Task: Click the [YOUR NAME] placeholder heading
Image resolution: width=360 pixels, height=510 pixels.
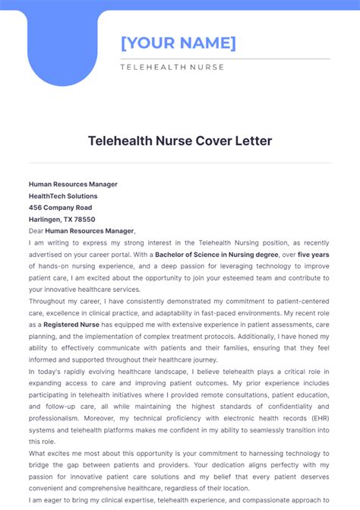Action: pyautogui.click(x=178, y=43)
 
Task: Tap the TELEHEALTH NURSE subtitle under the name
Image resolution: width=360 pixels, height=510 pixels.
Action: pyautogui.click(x=172, y=67)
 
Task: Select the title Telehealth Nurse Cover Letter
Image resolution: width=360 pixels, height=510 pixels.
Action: pyautogui.click(x=180, y=141)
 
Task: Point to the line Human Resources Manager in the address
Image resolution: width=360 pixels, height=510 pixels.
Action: pyautogui.click(x=73, y=184)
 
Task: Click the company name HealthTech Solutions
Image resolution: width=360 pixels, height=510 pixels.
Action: pyautogui.click(x=63, y=196)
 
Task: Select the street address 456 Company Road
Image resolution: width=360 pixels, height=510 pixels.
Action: pyautogui.click(x=60, y=207)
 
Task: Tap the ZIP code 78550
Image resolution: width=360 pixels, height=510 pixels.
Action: pyautogui.click(x=84, y=220)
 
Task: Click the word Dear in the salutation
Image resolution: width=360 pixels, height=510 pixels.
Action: pyautogui.click(x=36, y=231)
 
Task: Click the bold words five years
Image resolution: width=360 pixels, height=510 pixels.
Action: pyautogui.click(x=314, y=255)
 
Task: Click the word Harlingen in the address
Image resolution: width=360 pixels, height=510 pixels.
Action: pyautogui.click(x=45, y=220)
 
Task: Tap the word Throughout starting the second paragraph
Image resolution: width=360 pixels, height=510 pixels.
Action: pyautogui.click(x=47, y=301)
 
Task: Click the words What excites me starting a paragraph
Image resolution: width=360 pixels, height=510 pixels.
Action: pyautogui.click(x=58, y=453)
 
